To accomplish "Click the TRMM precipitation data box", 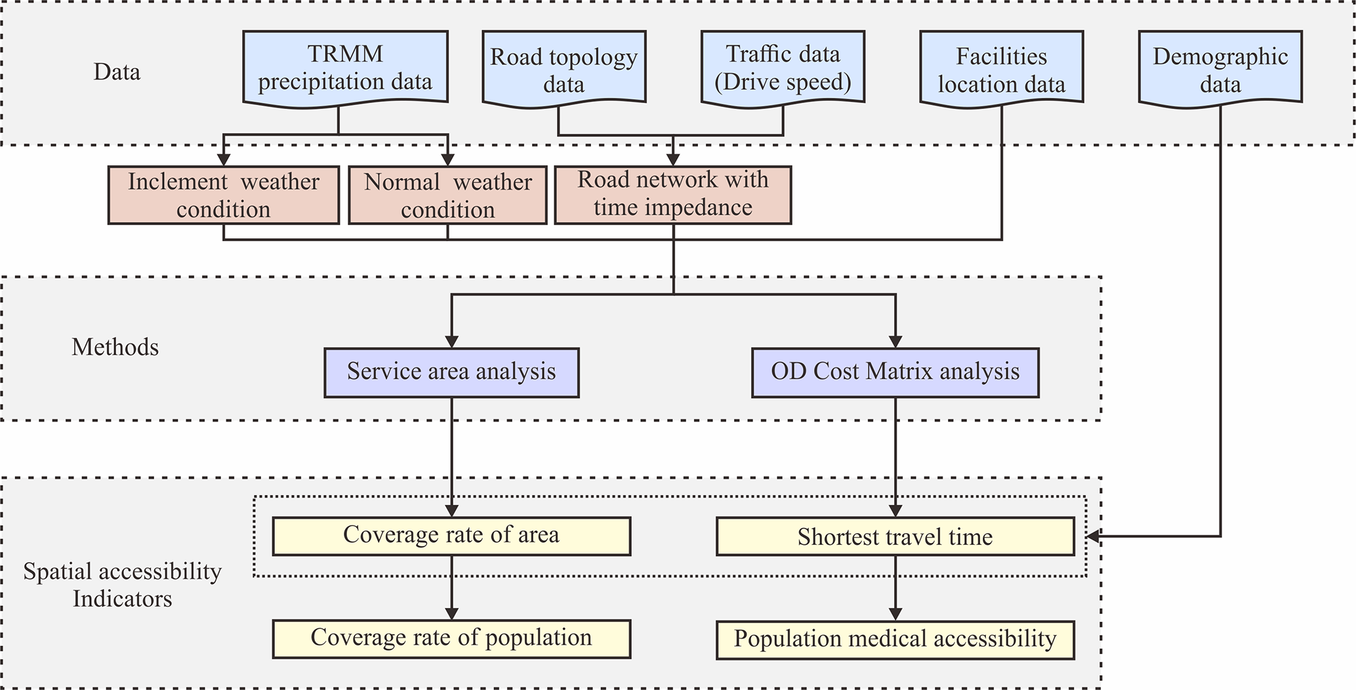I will tap(345, 67).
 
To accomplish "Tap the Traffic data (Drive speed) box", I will tap(783, 67).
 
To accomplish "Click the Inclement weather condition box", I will tap(224, 195).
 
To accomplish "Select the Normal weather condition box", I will tap(447, 195).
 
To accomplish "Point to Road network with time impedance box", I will tap(673, 194).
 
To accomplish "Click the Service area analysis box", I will tap(451, 372).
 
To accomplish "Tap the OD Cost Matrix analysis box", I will tap(895, 372).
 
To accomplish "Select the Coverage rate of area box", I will tap(451, 536).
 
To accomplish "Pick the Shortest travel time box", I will tap(895, 536).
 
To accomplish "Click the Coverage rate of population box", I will tap(451, 639).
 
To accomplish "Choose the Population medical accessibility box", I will tap(895, 639).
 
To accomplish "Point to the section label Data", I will tap(117, 72).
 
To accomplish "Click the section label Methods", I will tap(115, 347).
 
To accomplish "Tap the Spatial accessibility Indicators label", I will tap(122, 585).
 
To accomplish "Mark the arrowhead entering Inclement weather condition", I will tap(224, 159).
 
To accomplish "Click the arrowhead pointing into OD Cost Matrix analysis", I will tap(895, 341).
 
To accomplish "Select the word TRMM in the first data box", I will tap(345, 54).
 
